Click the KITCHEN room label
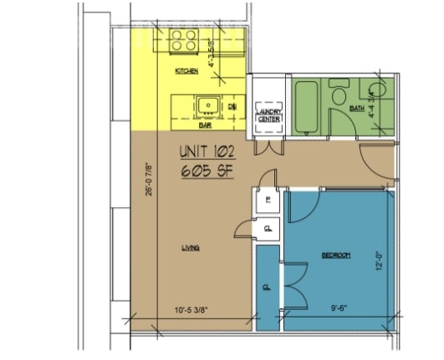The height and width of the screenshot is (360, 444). tap(186, 73)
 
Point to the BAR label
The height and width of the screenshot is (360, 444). tap(203, 127)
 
